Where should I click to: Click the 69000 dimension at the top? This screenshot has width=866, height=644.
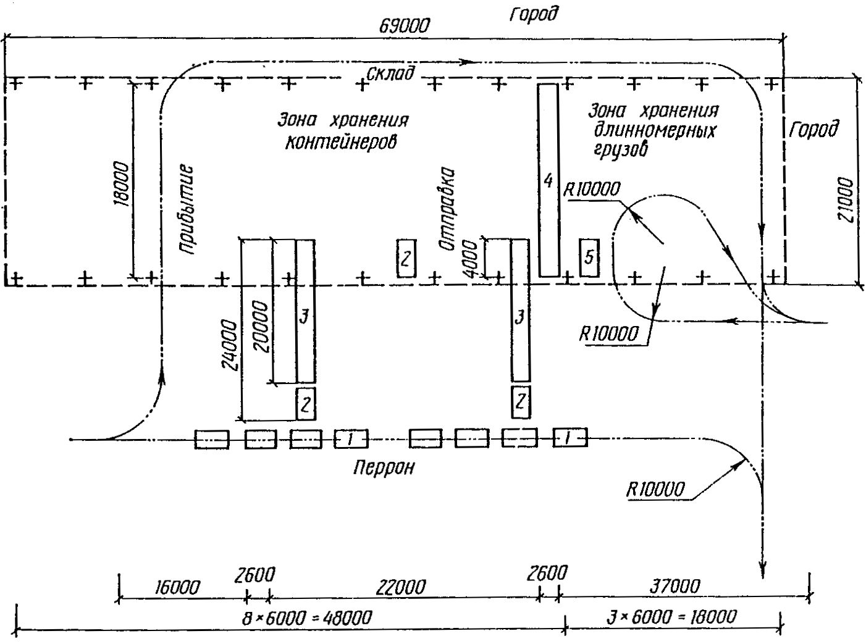[x=405, y=26]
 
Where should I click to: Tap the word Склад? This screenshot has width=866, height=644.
[x=390, y=73]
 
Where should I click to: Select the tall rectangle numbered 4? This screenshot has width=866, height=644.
[x=549, y=180]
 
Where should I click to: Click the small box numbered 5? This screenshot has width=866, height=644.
[x=589, y=256]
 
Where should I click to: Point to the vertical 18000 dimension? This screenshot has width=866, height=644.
[x=122, y=184]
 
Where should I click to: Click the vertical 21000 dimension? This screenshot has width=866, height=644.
[x=847, y=200]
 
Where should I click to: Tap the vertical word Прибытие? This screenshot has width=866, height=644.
[x=187, y=209]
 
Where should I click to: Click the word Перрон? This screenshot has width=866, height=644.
[x=383, y=467]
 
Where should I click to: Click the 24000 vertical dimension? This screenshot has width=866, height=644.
[x=230, y=346]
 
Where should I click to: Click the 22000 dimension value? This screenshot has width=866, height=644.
[x=401, y=587]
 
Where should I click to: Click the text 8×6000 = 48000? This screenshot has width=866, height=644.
[x=307, y=617]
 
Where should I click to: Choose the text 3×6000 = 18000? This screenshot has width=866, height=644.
[x=672, y=617]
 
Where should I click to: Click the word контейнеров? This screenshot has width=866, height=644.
[x=341, y=142]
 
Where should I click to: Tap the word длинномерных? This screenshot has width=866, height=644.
[x=655, y=132]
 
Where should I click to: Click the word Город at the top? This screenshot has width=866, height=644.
[x=533, y=14]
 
